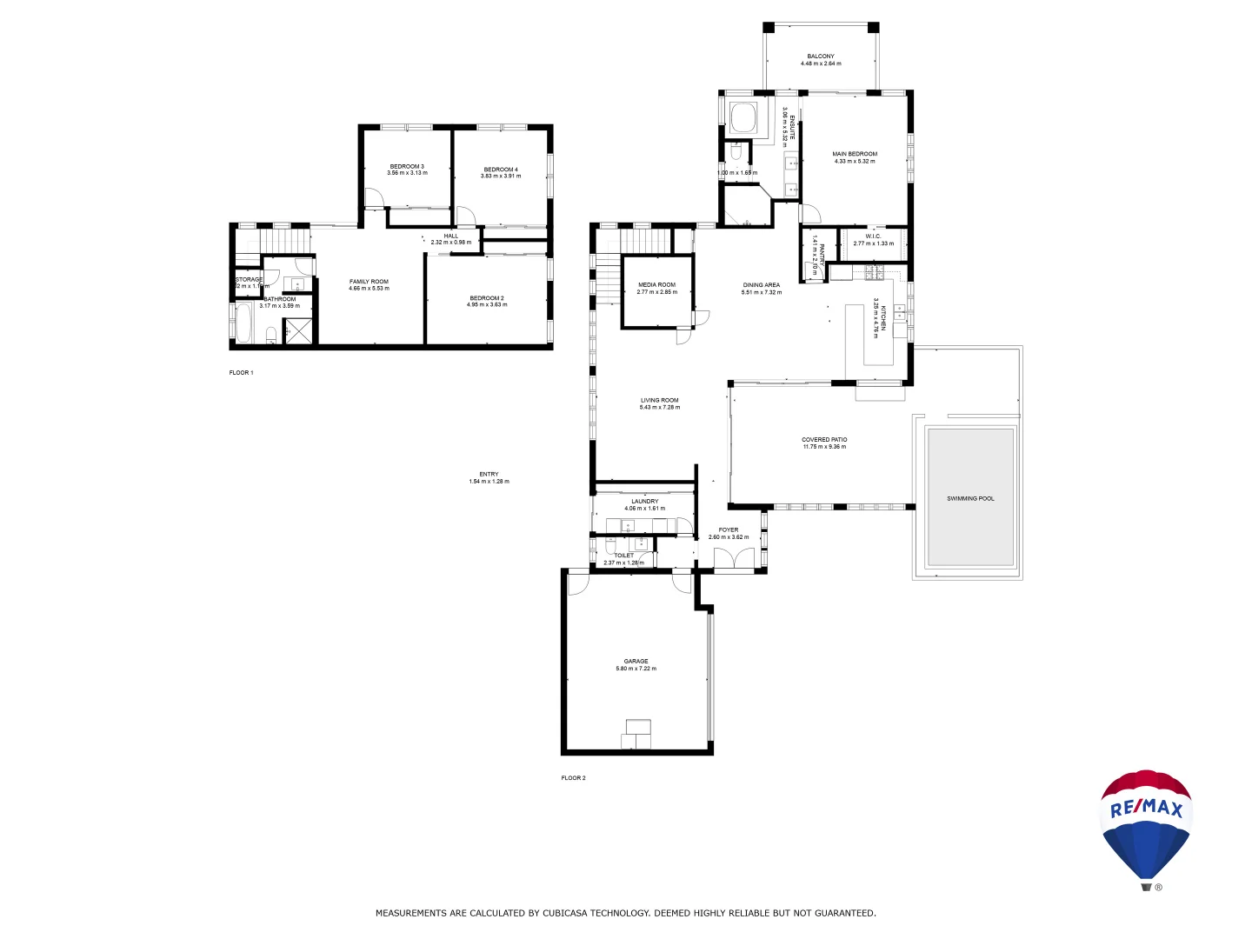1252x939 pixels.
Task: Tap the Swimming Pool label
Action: click(970, 498)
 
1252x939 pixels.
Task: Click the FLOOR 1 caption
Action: click(241, 372)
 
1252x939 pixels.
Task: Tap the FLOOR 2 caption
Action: click(573, 777)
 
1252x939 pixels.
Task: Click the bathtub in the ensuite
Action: click(743, 117)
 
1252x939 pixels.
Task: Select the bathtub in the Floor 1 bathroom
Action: click(244, 323)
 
